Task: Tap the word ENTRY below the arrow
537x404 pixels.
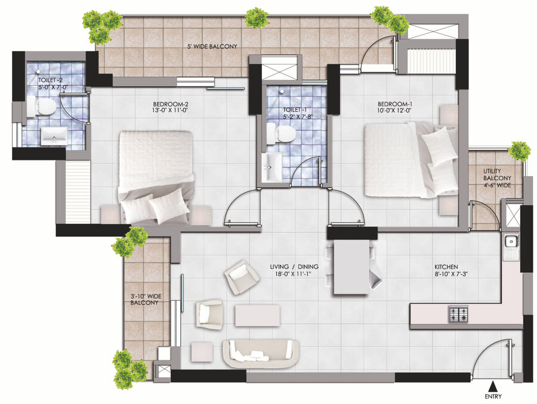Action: [493, 396]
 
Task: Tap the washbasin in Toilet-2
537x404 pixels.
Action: [54, 135]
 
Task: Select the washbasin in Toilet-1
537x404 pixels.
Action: [272, 167]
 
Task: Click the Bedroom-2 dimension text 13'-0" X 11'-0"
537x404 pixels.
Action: [171, 110]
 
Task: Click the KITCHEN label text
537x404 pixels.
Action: [446, 267]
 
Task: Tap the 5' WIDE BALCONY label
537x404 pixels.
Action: [212, 47]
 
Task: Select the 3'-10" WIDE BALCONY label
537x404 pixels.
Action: [145, 300]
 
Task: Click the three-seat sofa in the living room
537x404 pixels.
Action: [261, 354]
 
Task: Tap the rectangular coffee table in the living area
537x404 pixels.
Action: [257, 316]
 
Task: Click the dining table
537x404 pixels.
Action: [352, 267]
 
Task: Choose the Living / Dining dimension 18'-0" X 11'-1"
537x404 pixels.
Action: [294, 274]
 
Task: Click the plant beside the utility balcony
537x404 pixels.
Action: [520, 151]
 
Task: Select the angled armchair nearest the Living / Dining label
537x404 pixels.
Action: [242, 277]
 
